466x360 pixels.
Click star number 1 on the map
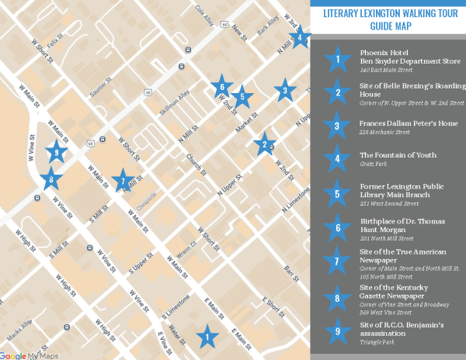(207, 337)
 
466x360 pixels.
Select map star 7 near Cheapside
(121, 181)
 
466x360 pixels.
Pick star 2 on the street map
(265, 144)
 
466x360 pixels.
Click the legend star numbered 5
(337, 194)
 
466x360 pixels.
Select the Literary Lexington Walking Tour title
(388, 19)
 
